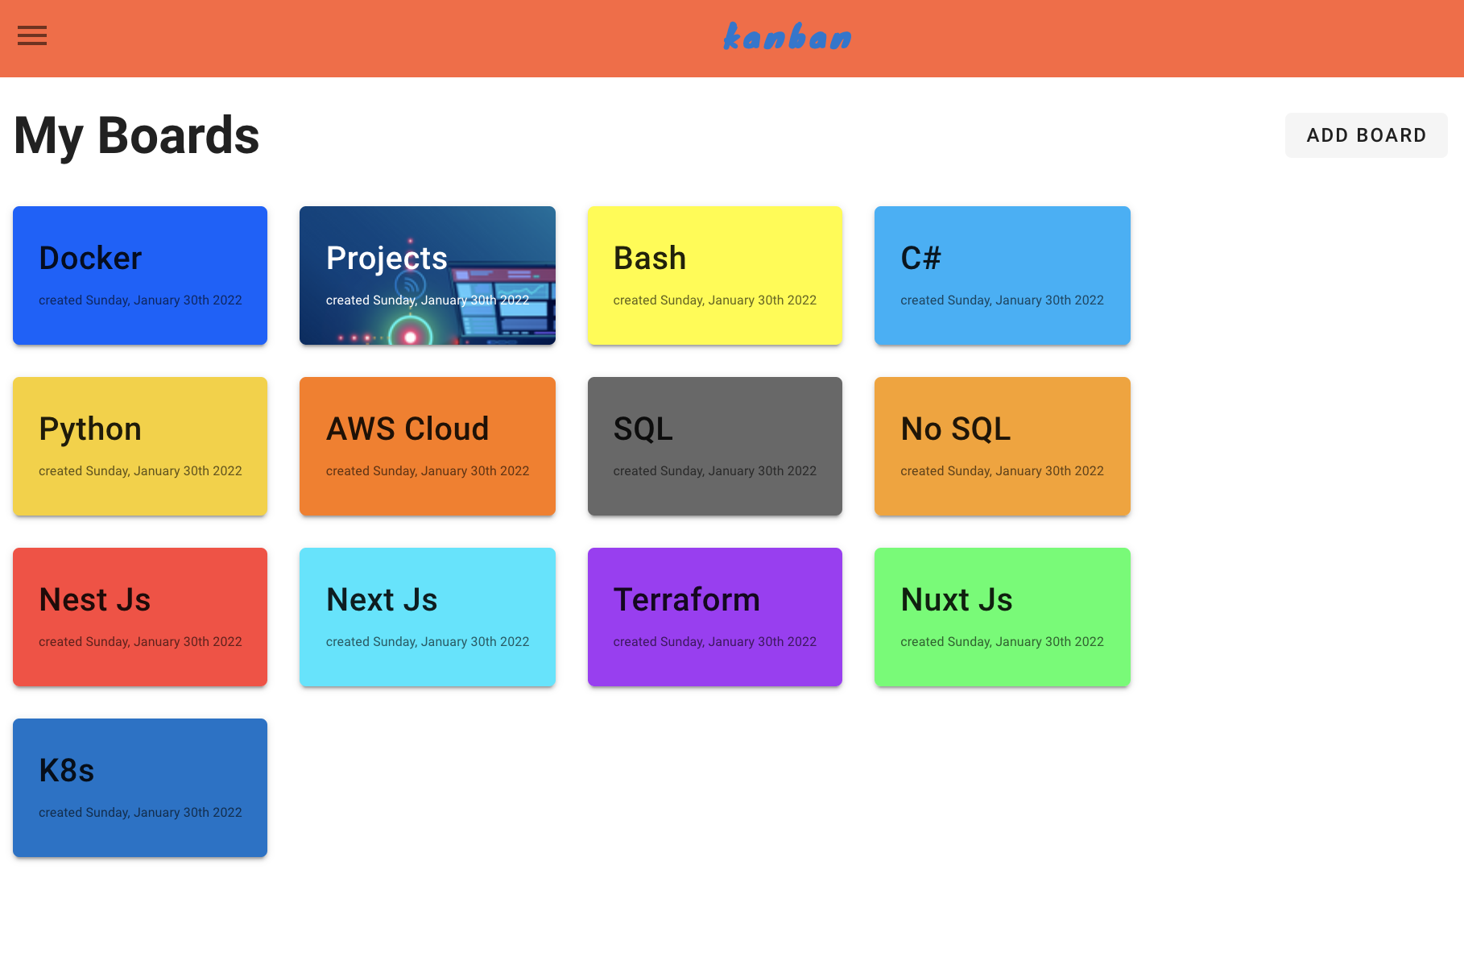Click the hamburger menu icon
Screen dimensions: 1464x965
click(x=32, y=35)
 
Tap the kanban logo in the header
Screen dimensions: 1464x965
click(x=787, y=36)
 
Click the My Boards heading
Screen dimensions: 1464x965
click(x=137, y=135)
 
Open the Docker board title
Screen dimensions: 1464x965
click(x=90, y=259)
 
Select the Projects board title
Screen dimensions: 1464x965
click(x=387, y=259)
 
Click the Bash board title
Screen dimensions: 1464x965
click(x=650, y=259)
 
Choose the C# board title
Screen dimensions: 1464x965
click(x=920, y=259)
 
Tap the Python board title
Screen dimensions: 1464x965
click(x=90, y=429)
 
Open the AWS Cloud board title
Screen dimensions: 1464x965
click(x=407, y=429)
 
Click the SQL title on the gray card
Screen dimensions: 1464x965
click(x=643, y=429)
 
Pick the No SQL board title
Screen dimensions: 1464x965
click(x=956, y=429)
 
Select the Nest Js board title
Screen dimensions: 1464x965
click(x=95, y=600)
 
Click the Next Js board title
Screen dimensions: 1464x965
click(x=382, y=600)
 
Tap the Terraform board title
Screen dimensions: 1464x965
click(x=687, y=600)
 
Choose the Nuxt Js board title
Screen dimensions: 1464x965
click(x=957, y=600)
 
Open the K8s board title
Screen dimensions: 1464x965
click(x=67, y=771)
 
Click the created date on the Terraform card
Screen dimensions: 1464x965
click(x=715, y=642)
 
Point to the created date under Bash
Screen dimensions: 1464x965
click(x=715, y=300)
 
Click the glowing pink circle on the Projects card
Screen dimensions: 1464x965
click(x=411, y=336)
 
